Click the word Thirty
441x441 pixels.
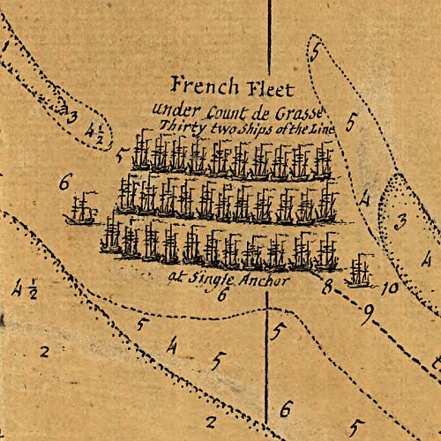point(177,127)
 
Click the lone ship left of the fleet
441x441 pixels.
point(82,209)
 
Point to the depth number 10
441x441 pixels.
point(392,287)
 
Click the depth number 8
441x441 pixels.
point(326,287)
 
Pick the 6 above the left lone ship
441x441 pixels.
point(64,183)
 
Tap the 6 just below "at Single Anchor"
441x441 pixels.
point(222,295)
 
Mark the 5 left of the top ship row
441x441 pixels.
point(120,156)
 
